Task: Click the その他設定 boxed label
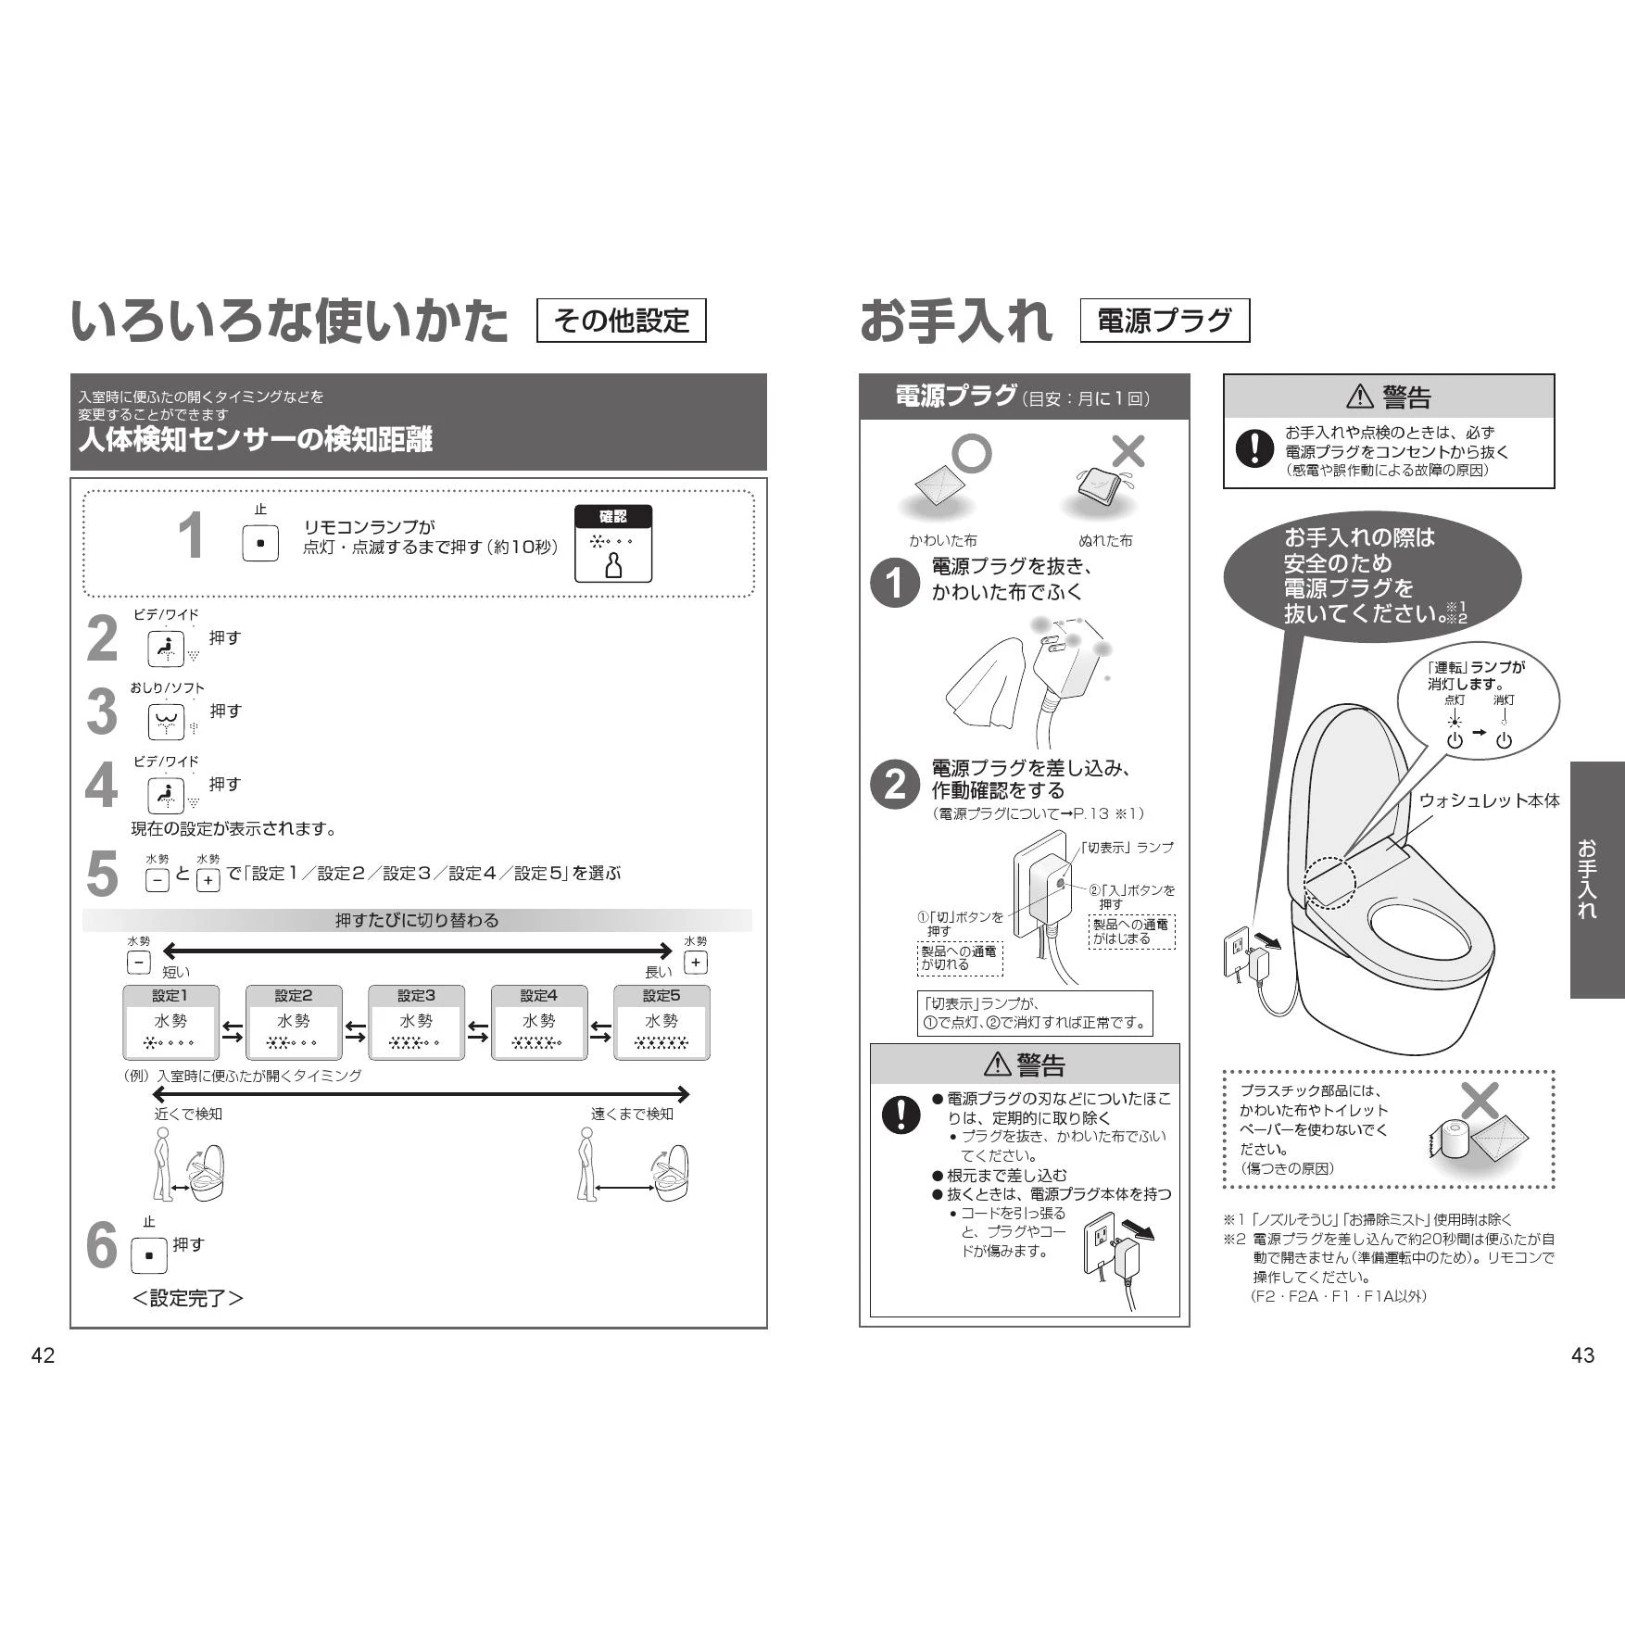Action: point(621,321)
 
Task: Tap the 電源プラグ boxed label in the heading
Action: point(1165,321)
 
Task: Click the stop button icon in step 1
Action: point(260,543)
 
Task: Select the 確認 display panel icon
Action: point(613,544)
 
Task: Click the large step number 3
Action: point(102,712)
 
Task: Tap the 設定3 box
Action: point(416,1022)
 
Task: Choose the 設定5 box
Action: point(661,1022)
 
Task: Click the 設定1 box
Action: point(170,1022)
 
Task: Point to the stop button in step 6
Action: point(149,1255)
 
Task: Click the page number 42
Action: point(43,1355)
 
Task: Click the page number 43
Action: point(1583,1355)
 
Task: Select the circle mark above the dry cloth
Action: point(972,453)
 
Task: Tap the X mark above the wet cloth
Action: point(1127,451)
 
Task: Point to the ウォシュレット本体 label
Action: point(1489,800)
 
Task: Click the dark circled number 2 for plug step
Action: point(894,785)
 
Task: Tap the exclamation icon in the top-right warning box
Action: point(1254,448)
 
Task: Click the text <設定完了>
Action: point(188,1298)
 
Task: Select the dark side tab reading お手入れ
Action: point(1597,879)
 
